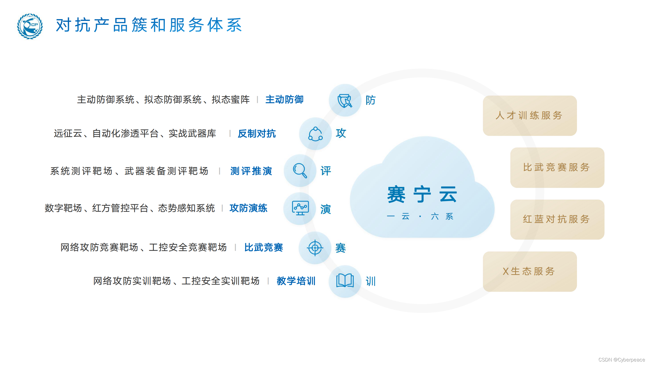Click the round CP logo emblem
[x=30, y=26]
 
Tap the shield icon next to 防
[x=345, y=101]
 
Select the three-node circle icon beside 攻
[x=315, y=134]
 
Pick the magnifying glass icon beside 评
[x=300, y=171]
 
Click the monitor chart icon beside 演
[x=300, y=208]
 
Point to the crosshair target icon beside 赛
[x=315, y=248]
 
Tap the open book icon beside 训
[x=345, y=281]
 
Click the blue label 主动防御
[x=284, y=100]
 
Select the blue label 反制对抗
[x=257, y=134]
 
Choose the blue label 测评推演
[x=251, y=171]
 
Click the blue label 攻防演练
[x=248, y=208]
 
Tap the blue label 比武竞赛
[x=263, y=247]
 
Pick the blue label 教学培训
[x=296, y=281]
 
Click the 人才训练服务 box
[x=530, y=116]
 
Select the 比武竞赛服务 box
[x=557, y=167]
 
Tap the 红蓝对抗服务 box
[x=557, y=219]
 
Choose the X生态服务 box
[x=530, y=271]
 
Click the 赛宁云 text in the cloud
[x=422, y=194]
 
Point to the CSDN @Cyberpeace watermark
[x=621, y=360]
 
